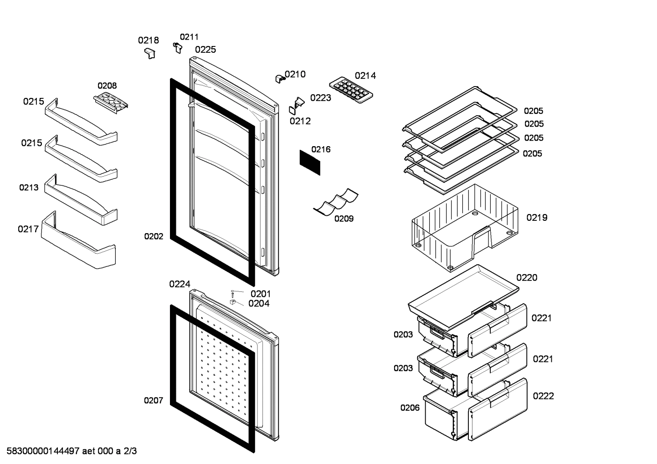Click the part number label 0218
click(149, 41)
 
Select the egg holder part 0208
click(111, 102)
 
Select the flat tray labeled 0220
click(463, 296)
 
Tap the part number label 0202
click(154, 236)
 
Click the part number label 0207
click(154, 401)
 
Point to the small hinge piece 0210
click(280, 79)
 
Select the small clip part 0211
click(178, 47)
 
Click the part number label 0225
click(205, 50)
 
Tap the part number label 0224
click(180, 284)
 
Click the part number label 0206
click(410, 408)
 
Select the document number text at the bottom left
click(72, 451)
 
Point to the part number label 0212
click(300, 121)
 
